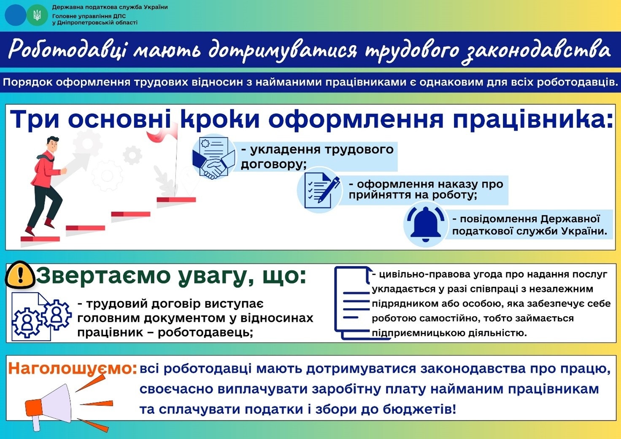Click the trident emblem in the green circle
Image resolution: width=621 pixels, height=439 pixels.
pos(37,15)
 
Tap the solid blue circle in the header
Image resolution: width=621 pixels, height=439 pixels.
pos(15,15)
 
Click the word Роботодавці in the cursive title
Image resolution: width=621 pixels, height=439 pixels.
pos(67,50)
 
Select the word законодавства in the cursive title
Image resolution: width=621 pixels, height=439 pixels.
pos(536,51)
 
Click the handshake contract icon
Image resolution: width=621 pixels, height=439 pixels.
pos(214,157)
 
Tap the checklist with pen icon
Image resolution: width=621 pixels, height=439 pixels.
pos(320,190)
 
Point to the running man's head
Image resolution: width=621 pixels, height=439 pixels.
pos(53,144)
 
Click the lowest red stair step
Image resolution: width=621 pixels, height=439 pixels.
pos(40,239)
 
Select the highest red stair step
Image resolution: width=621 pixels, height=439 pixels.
pos(176,199)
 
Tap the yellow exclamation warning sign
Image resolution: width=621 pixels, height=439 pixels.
pos(20,275)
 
